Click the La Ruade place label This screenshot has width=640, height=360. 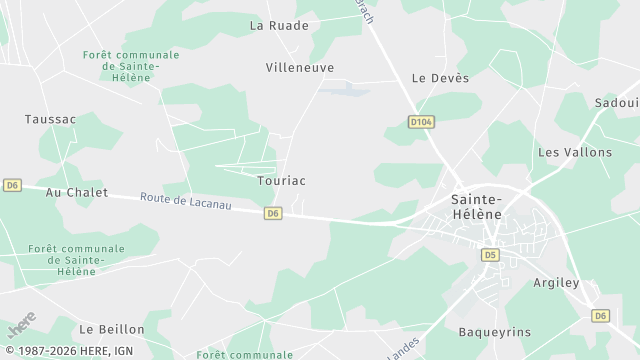(x=279, y=25)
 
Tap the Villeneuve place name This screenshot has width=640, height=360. (x=300, y=67)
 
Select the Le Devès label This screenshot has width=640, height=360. (x=440, y=78)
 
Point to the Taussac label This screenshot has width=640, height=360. (x=50, y=119)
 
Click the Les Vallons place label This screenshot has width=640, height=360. (x=575, y=152)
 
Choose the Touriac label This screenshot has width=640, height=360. (x=281, y=181)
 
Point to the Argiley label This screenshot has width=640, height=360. (x=557, y=283)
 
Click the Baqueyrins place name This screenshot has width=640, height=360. (x=494, y=331)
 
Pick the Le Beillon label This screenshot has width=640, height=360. (x=112, y=329)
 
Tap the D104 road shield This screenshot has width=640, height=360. (x=421, y=121)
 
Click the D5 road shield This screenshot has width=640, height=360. (x=490, y=255)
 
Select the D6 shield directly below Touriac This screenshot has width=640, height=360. (x=273, y=213)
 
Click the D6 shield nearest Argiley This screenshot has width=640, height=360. (x=600, y=315)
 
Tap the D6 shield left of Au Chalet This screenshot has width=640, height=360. (x=12, y=185)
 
